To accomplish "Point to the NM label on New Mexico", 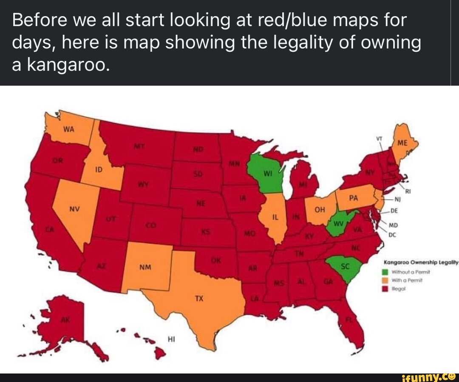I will [x=145, y=268].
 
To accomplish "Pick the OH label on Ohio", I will [x=320, y=209].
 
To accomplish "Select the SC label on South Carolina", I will [x=345, y=266].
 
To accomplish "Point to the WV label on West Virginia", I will [x=339, y=223].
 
